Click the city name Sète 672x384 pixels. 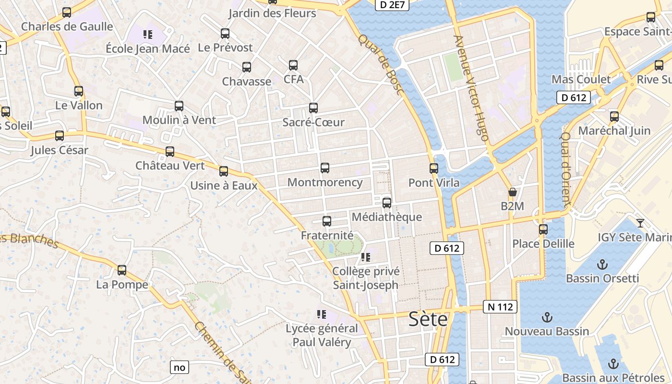click(428, 319)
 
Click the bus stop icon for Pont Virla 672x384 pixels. click(434, 168)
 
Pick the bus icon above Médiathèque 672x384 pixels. click(387, 203)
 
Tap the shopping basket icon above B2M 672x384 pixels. click(512, 192)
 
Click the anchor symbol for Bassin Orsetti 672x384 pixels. click(602, 264)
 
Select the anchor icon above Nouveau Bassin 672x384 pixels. click(547, 317)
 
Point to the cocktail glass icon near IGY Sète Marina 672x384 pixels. click(640, 223)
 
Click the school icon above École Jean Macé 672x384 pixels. click(148, 35)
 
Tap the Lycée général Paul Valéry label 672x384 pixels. click(322, 336)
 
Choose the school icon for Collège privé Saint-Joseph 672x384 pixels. click(366, 257)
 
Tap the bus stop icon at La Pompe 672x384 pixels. click(122, 270)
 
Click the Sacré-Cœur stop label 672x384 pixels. click(313, 122)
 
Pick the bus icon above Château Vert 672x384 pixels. click(170, 152)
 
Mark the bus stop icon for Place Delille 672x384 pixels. click(543, 229)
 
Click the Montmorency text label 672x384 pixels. click(325, 182)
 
